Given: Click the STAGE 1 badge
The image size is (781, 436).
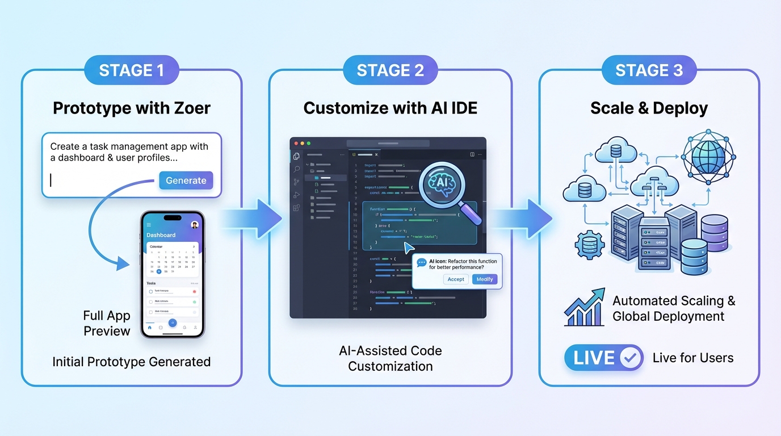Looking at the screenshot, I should point(131,70).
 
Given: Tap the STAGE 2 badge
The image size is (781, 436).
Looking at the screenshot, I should point(390,70).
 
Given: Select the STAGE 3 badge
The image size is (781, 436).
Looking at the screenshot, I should point(649,70).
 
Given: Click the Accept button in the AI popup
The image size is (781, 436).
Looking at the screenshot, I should point(456,279).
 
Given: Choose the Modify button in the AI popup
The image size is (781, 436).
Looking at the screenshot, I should point(484,279).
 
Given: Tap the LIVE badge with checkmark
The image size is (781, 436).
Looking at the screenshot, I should point(603,358).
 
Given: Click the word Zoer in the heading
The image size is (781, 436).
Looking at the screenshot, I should point(191,108).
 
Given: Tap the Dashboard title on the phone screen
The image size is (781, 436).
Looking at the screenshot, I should point(161,234).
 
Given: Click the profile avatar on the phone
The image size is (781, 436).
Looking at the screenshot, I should point(195,225).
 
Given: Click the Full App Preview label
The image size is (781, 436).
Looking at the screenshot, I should point(107,323).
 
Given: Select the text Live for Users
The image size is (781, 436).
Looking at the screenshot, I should point(692,358).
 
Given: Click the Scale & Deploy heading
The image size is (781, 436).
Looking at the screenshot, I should point(649,108).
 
